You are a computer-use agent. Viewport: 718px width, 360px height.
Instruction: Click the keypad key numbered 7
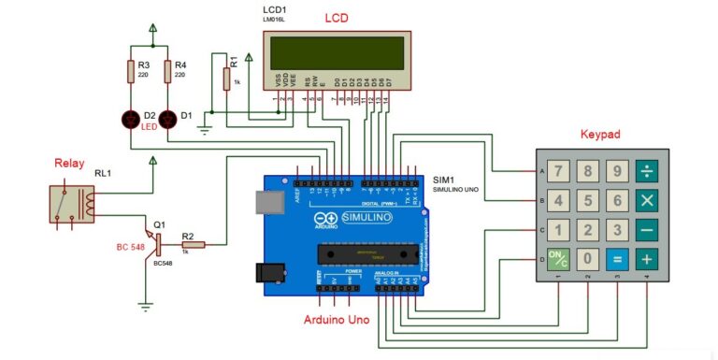pyautogui.click(x=558, y=171)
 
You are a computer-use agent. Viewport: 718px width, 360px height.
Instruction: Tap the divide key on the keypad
pyautogui.click(x=646, y=171)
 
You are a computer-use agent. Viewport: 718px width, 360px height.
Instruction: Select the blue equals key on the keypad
pyautogui.click(x=616, y=259)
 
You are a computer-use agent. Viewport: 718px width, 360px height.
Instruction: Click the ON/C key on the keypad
pyautogui.click(x=558, y=259)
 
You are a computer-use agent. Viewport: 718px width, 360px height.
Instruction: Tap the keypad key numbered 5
pyautogui.click(x=587, y=200)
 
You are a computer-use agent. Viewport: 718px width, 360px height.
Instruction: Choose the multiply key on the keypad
pyautogui.click(x=646, y=200)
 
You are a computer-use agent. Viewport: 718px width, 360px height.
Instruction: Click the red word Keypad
pyautogui.click(x=600, y=135)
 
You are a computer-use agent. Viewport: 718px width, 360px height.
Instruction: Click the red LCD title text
pyautogui.click(x=337, y=19)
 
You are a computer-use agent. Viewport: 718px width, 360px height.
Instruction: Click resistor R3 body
pyautogui.click(x=131, y=70)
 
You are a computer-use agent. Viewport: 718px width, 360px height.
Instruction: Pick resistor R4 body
pyautogui.click(x=168, y=70)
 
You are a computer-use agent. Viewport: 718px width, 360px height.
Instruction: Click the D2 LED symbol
pyautogui.click(x=131, y=119)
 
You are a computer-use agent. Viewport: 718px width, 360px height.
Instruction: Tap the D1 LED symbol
pyautogui.click(x=168, y=119)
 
